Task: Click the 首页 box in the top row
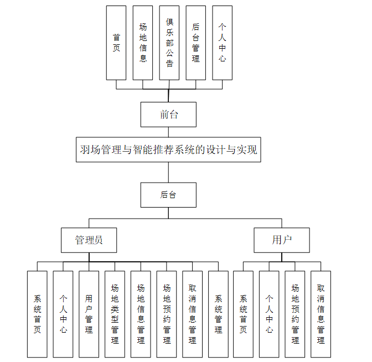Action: (x=116, y=43)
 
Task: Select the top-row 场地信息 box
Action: (x=143, y=43)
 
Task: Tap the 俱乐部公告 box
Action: (x=169, y=43)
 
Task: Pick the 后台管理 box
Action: (x=196, y=43)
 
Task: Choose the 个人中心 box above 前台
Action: (x=223, y=43)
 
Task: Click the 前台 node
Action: (x=168, y=115)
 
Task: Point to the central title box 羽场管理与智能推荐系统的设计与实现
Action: (x=168, y=149)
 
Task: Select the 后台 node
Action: (x=168, y=195)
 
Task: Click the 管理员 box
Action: (x=89, y=240)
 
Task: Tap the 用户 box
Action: (x=282, y=240)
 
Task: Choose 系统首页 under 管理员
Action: (x=37, y=314)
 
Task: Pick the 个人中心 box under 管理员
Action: (x=63, y=314)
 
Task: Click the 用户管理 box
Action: (x=89, y=314)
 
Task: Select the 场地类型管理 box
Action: (x=115, y=314)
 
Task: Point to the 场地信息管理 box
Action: (x=141, y=314)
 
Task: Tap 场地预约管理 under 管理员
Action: (x=167, y=314)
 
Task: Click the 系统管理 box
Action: (x=218, y=314)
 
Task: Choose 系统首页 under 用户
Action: (x=243, y=314)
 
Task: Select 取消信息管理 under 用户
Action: (x=321, y=314)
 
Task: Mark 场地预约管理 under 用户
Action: (x=295, y=314)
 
